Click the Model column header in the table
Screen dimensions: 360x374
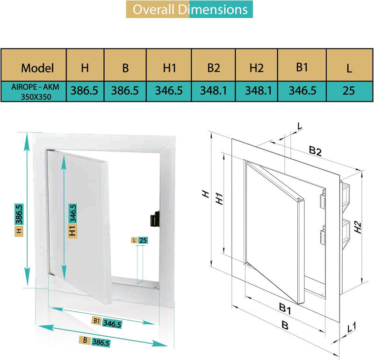(37, 68)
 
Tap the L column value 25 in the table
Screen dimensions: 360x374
(348, 91)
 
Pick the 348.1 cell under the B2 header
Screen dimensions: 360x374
(214, 91)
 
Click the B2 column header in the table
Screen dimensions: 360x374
(214, 68)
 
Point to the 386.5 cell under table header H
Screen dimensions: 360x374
(84, 91)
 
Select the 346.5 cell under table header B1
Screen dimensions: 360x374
(302, 91)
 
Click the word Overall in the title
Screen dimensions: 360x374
(156, 9)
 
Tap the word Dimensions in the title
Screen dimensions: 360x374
(216, 9)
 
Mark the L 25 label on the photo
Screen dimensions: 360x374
(140, 240)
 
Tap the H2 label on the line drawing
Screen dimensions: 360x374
(358, 227)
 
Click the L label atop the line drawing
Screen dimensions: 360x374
(300, 126)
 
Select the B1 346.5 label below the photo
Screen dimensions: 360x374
(107, 323)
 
